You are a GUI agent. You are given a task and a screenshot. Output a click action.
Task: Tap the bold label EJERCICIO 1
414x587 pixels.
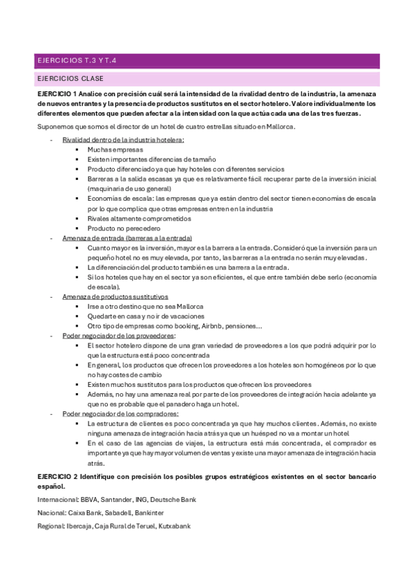(57, 93)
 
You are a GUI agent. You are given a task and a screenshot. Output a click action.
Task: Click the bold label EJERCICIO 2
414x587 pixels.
(57, 478)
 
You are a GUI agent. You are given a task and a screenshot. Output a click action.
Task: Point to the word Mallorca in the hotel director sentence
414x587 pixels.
(279, 127)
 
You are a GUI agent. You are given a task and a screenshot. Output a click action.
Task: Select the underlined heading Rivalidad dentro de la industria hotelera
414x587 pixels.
(123, 140)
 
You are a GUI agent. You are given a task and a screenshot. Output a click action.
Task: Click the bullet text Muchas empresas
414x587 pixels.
(115, 150)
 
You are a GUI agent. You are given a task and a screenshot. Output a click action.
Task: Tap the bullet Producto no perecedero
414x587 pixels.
(124, 228)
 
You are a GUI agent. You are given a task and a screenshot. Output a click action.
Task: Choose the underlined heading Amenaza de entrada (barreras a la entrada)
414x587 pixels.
(127, 237)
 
